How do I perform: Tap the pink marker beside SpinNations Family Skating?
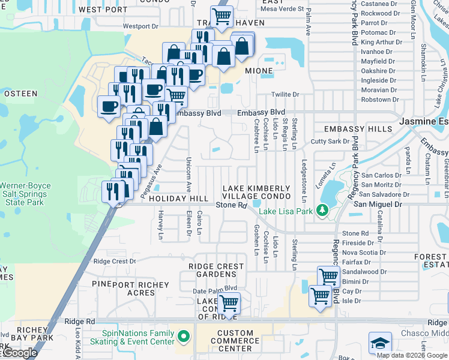pyautogui.click(x=184, y=336)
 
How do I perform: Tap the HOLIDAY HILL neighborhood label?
pyautogui.click(x=178, y=199)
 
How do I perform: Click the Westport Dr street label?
pyautogui.click(x=140, y=26)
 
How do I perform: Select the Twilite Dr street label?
pyautogui.click(x=285, y=95)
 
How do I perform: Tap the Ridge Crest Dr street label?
pyautogui.click(x=111, y=262)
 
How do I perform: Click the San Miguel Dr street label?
pyautogui.click(x=375, y=205)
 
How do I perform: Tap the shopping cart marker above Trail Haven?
pyautogui.click(x=221, y=17)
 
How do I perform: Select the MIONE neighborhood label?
pyautogui.click(x=258, y=71)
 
